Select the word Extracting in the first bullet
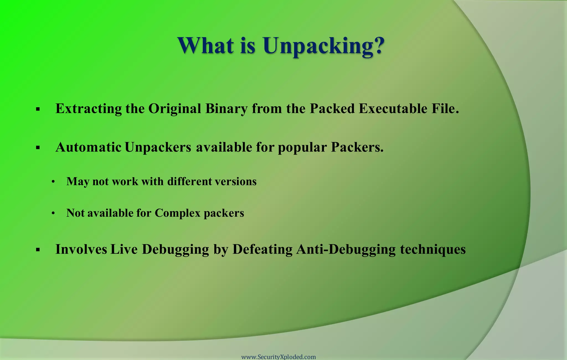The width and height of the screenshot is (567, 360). pos(89,109)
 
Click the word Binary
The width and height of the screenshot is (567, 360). pos(226,109)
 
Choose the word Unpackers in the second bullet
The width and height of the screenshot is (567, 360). pos(158,147)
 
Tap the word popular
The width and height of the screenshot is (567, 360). pos(302,147)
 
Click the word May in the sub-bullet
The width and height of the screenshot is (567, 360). pos(78,182)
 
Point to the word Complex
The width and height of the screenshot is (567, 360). pos(177,213)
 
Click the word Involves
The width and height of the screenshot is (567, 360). pos(81,249)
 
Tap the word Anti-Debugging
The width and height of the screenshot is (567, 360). pos(346,249)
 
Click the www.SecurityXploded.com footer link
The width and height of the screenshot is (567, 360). pos(279,357)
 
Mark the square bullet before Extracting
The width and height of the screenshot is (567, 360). pos(38,109)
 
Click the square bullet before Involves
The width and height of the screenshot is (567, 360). pos(38,250)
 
